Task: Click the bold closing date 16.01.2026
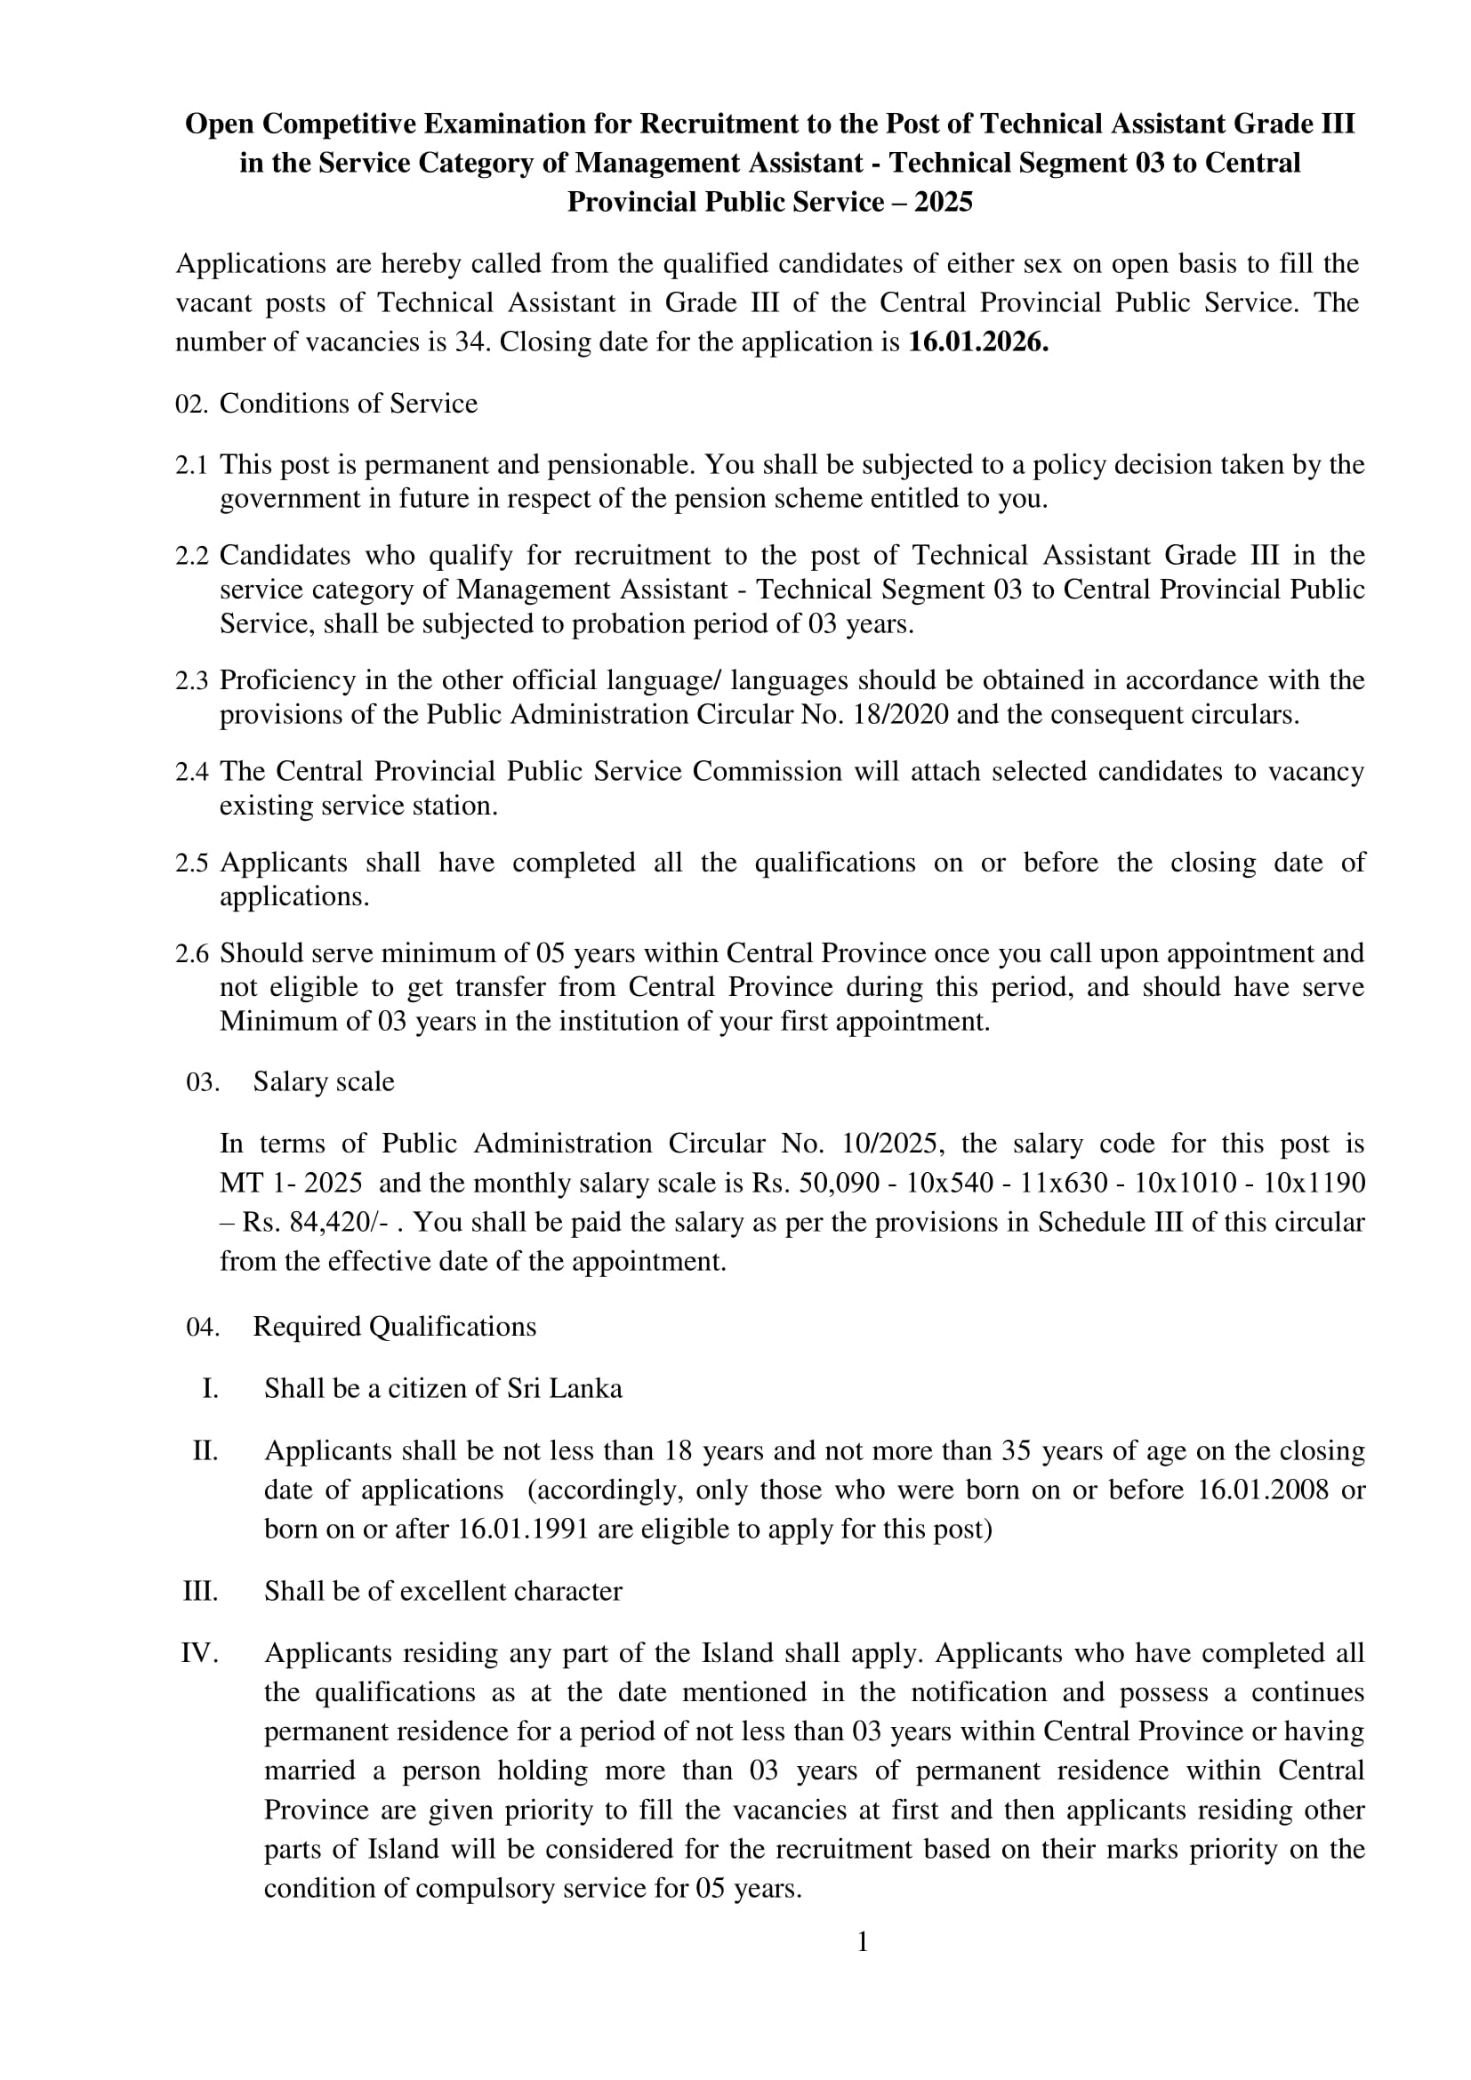[977, 342]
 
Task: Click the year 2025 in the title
[943, 201]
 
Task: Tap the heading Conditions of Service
[348, 403]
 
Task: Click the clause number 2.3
[191, 680]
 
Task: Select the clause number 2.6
[191, 953]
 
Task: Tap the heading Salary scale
[324, 1081]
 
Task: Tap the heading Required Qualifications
[394, 1326]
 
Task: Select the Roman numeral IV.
[199, 1653]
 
